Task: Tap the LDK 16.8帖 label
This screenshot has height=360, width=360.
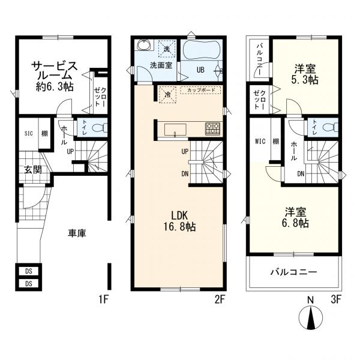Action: tap(179, 221)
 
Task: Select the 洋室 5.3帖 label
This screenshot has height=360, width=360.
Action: tap(305, 74)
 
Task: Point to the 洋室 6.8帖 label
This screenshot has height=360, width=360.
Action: tap(295, 217)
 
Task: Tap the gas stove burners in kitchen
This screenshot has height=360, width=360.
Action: tap(212, 129)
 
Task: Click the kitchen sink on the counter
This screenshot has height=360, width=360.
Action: tap(175, 130)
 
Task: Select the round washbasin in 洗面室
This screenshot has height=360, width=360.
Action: tap(144, 44)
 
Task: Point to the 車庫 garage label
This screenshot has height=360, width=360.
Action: tap(77, 233)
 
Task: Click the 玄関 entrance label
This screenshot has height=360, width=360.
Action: tap(33, 170)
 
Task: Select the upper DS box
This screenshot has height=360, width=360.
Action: tap(28, 271)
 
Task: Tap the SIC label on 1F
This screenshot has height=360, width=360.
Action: tap(28, 133)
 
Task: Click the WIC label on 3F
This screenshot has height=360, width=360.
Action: tap(260, 141)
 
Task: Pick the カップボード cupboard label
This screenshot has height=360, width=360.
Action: tap(201, 90)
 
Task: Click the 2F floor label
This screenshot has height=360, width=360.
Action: tap(220, 299)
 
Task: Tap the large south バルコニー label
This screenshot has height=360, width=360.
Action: tap(293, 272)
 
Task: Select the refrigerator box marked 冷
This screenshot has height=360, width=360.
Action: tap(167, 94)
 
